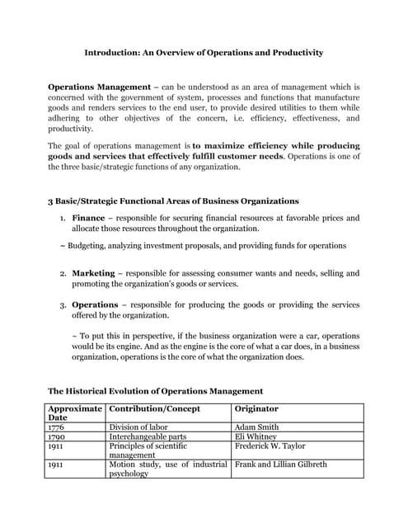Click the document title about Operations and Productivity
tap(204, 53)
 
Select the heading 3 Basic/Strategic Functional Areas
tap(173, 200)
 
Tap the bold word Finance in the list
tap(88, 218)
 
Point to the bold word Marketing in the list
tap(93, 273)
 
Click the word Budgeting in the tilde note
tap(89, 246)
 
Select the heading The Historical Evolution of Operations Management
tap(155, 391)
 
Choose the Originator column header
tap(256, 408)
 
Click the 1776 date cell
tap(57, 427)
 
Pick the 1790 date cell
tap(57, 436)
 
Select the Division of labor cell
tap(138, 427)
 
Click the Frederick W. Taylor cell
tap(270, 446)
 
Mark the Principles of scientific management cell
tap(147, 450)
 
